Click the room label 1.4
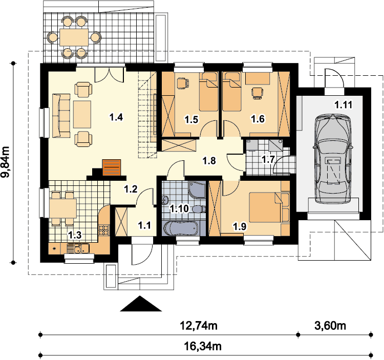116,117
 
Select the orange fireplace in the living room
112,167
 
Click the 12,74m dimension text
199,326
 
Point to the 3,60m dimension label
330,326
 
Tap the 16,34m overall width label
203,347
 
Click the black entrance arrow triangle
141,304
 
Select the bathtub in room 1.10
181,228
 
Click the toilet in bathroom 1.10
199,209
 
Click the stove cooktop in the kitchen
103,230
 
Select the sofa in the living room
61,115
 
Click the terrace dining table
74,37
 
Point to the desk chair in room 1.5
182,83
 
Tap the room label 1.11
344,105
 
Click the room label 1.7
268,160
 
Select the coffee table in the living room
82,114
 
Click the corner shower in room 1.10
197,189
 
